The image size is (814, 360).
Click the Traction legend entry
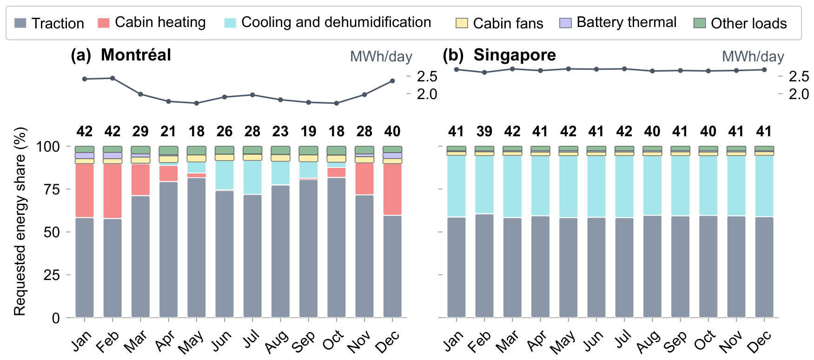[x=49, y=23]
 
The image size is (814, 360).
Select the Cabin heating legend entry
[x=152, y=22]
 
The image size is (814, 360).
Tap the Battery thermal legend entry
[x=618, y=22]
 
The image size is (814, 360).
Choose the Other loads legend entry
[x=740, y=23]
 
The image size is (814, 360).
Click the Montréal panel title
[x=121, y=55]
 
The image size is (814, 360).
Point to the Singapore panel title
[x=499, y=55]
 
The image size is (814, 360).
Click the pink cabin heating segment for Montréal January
[x=85, y=191]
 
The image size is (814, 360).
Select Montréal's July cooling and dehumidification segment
[x=252, y=177]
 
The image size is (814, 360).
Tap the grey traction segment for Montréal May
[x=197, y=247]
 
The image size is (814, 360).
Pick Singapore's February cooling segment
[x=484, y=185]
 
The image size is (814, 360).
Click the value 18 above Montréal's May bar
[x=197, y=132]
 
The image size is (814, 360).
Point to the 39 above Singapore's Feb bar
[x=484, y=132]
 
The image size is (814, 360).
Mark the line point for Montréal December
[x=392, y=81]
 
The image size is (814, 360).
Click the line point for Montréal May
[x=197, y=103]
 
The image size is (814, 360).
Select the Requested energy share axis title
[x=20, y=222]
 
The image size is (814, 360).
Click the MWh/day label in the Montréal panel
[x=381, y=57]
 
